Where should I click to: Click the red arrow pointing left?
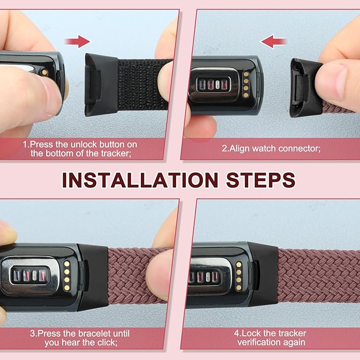click(273, 41)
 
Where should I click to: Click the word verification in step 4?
click(256, 342)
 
